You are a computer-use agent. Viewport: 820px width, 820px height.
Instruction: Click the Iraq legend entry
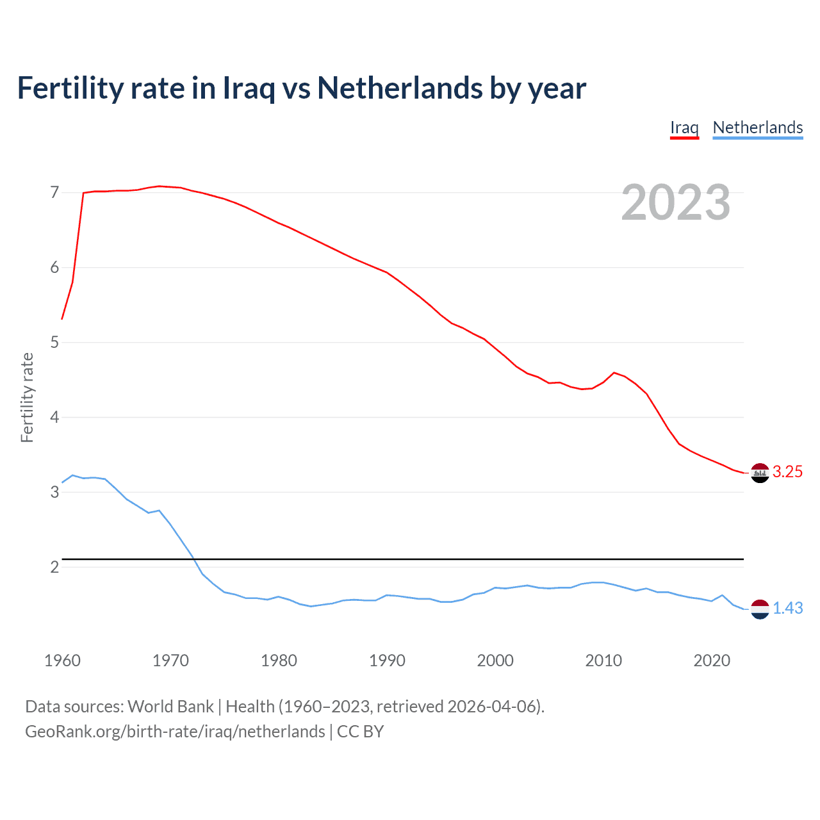click(x=684, y=127)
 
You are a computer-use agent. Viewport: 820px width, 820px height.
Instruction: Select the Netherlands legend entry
click(x=757, y=127)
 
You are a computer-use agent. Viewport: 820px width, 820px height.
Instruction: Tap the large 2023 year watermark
click(x=676, y=202)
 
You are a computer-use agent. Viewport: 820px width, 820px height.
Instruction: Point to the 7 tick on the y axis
click(x=54, y=193)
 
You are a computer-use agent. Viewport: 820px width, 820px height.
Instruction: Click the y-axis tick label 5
click(x=54, y=343)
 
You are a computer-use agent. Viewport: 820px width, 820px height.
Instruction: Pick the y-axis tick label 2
click(x=54, y=568)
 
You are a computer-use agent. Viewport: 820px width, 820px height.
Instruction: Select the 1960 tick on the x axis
click(x=62, y=660)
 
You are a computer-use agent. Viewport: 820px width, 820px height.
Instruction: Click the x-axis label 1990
click(x=387, y=660)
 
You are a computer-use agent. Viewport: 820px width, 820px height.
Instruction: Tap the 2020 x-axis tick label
click(x=712, y=660)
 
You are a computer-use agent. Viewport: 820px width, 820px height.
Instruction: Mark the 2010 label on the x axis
click(x=603, y=660)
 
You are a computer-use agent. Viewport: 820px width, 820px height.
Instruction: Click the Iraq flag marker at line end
click(x=759, y=473)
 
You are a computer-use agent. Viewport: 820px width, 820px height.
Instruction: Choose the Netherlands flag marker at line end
click(x=759, y=609)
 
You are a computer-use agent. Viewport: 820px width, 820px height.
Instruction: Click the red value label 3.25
click(x=787, y=472)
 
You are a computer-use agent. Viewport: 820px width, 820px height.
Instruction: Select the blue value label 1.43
click(x=787, y=609)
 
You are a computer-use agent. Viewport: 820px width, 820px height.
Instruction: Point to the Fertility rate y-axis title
click(x=27, y=397)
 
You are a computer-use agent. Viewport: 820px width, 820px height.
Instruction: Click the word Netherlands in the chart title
click(x=400, y=88)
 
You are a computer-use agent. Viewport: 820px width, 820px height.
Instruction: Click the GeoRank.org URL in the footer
click(x=175, y=732)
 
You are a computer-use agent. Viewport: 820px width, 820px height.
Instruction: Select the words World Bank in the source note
click(x=170, y=707)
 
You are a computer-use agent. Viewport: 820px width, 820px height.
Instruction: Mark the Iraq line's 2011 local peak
click(x=614, y=372)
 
